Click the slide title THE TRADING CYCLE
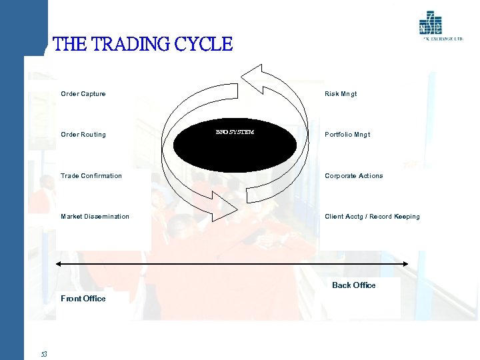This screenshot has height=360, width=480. (142, 45)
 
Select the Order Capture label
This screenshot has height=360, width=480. (83, 94)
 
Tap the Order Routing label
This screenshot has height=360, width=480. (83, 135)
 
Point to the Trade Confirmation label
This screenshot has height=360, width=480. (91, 176)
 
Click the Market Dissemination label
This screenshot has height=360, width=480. (95, 217)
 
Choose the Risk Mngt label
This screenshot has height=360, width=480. (341, 94)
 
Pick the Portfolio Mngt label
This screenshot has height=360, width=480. (347, 135)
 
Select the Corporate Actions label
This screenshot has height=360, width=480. (353, 176)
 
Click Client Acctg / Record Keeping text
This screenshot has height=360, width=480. (372, 217)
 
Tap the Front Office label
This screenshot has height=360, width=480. (83, 299)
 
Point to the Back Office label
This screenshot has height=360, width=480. (353, 285)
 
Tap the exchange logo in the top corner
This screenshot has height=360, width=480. (431, 25)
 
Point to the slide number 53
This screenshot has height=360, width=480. (43, 354)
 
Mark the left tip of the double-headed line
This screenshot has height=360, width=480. (61, 266)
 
